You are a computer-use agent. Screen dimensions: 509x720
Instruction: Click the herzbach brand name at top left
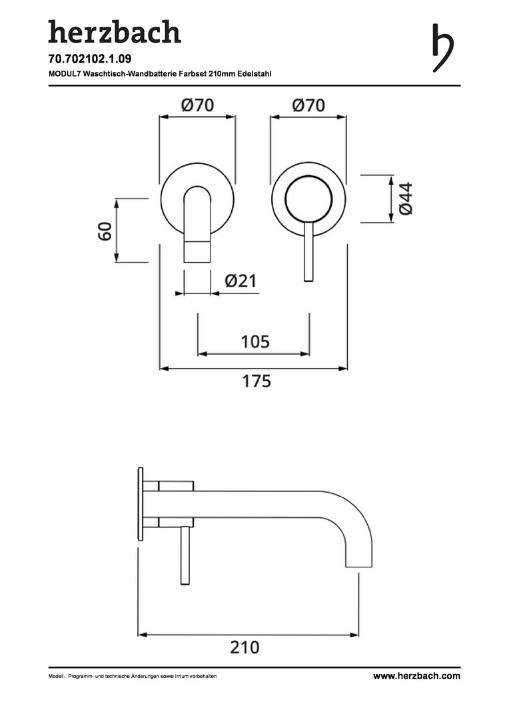[115, 32]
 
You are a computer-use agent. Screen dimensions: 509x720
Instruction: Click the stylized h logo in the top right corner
[442, 47]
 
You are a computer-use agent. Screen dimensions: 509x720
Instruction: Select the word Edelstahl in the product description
[254, 73]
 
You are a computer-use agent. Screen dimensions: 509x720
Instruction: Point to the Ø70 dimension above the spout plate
[197, 105]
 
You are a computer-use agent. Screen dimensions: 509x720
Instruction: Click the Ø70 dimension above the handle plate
[308, 105]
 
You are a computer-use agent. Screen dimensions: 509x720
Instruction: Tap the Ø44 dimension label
[406, 199]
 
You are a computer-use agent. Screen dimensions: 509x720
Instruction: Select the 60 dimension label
[105, 231]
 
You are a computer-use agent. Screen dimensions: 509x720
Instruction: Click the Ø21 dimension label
[241, 281]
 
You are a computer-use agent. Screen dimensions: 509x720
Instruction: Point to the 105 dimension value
[255, 341]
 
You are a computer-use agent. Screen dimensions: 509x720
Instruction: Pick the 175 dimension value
[256, 381]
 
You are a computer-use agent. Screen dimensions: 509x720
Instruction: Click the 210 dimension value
[245, 647]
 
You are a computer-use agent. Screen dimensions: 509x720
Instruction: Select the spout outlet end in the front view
[197, 251]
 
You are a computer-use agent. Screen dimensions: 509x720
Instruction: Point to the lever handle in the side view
[185, 555]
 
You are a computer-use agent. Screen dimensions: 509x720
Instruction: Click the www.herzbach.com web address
[416, 675]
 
